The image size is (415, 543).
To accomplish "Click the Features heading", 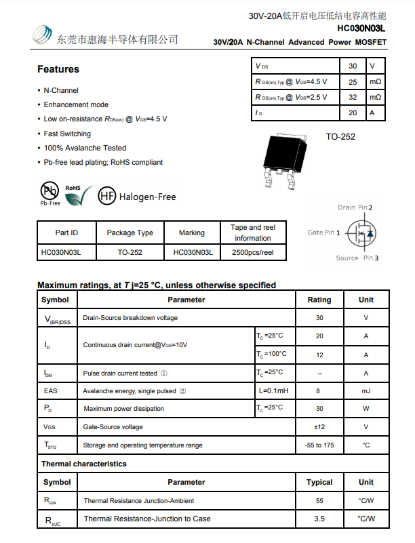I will pos(58,69).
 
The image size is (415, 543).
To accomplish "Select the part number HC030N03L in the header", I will pos(361,28).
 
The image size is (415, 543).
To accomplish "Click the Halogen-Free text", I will pos(147,197).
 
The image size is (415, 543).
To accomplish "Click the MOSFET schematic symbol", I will pos(361,233).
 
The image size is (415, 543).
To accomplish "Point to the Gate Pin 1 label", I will pos(323,233).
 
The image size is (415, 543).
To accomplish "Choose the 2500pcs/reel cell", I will pos(253,252).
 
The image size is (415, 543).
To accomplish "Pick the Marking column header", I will pos(192,233).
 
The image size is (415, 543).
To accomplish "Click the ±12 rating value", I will pos(319,427).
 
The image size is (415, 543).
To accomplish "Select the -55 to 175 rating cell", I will pos(319,445).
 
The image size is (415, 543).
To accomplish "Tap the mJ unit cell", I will pos(366,391).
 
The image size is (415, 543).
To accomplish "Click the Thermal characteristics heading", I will pos(84,464).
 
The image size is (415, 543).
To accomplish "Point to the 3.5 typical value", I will pos(319,519).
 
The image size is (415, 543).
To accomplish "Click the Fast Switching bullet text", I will pos(67,134).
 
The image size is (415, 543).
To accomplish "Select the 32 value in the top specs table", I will pos(353,98).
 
